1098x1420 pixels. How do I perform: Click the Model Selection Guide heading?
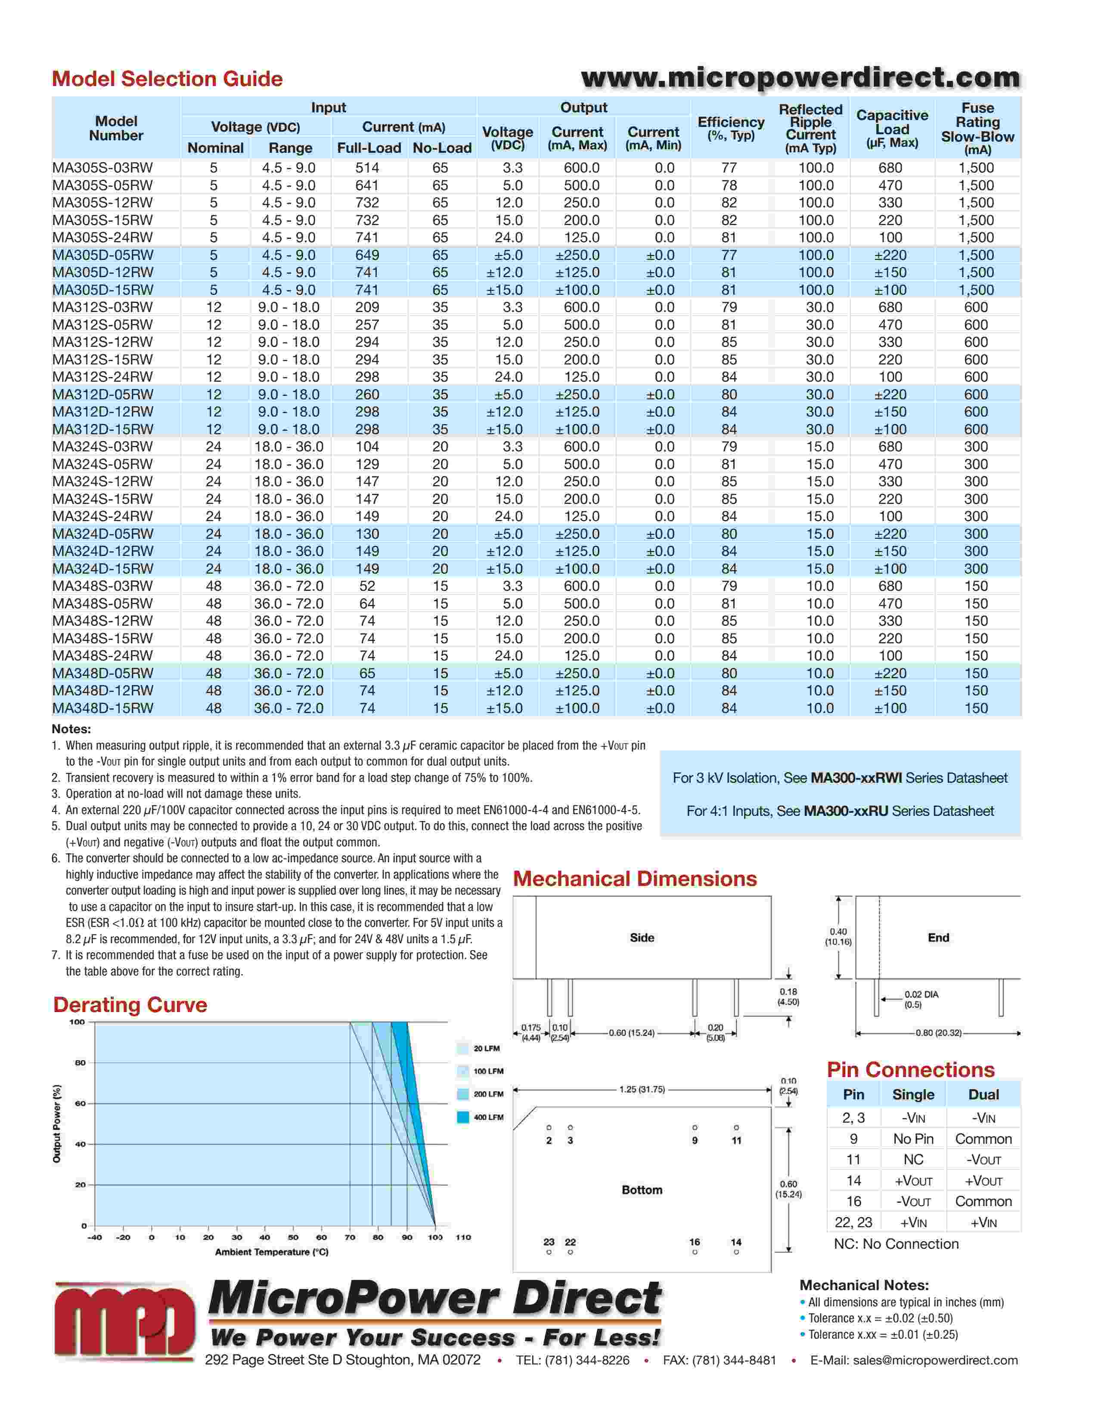(x=167, y=79)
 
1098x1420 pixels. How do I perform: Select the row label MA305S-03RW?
(x=103, y=168)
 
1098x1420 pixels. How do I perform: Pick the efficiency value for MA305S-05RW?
(x=729, y=185)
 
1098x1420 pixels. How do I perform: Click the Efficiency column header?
(x=731, y=128)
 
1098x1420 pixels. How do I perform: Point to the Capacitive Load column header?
(x=892, y=128)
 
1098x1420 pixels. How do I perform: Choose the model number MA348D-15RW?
(x=103, y=708)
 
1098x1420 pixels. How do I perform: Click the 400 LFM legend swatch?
(x=463, y=1117)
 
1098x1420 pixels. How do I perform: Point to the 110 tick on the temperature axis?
(x=463, y=1237)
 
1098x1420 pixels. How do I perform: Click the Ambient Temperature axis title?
(x=271, y=1252)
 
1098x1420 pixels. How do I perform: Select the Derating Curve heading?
(x=130, y=1004)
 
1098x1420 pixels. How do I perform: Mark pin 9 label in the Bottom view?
(x=695, y=1140)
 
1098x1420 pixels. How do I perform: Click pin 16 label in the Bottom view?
(x=695, y=1242)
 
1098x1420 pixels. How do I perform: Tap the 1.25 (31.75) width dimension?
(x=642, y=1089)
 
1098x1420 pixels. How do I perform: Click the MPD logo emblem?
(x=124, y=1321)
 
